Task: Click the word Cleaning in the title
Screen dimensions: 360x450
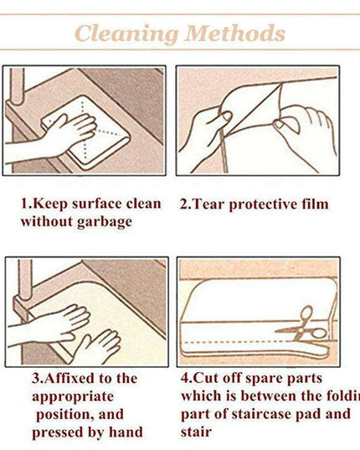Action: [126, 34]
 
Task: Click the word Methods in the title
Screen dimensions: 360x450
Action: [235, 33]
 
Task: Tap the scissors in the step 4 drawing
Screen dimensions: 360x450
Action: [303, 326]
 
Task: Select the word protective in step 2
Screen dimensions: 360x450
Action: [264, 205]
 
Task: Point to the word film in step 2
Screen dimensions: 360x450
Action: [315, 204]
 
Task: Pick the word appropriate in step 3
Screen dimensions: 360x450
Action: [73, 398]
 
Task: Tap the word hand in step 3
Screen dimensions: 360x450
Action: [126, 432]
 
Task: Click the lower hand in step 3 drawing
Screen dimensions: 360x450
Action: [96, 347]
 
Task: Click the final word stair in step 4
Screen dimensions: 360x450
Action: [196, 432]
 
